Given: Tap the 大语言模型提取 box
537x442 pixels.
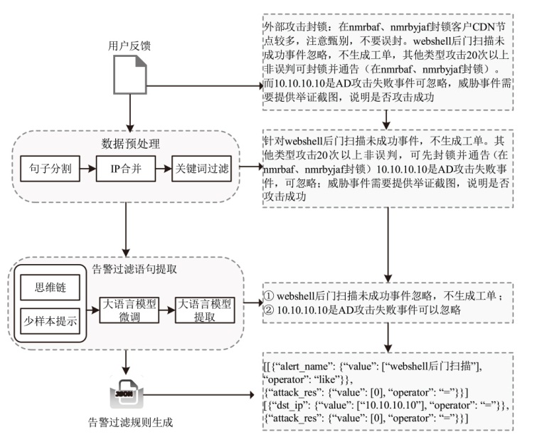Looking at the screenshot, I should click(x=205, y=310).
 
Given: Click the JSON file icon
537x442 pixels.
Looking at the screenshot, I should click(x=129, y=394).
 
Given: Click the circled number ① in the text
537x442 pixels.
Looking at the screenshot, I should click(x=268, y=295).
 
